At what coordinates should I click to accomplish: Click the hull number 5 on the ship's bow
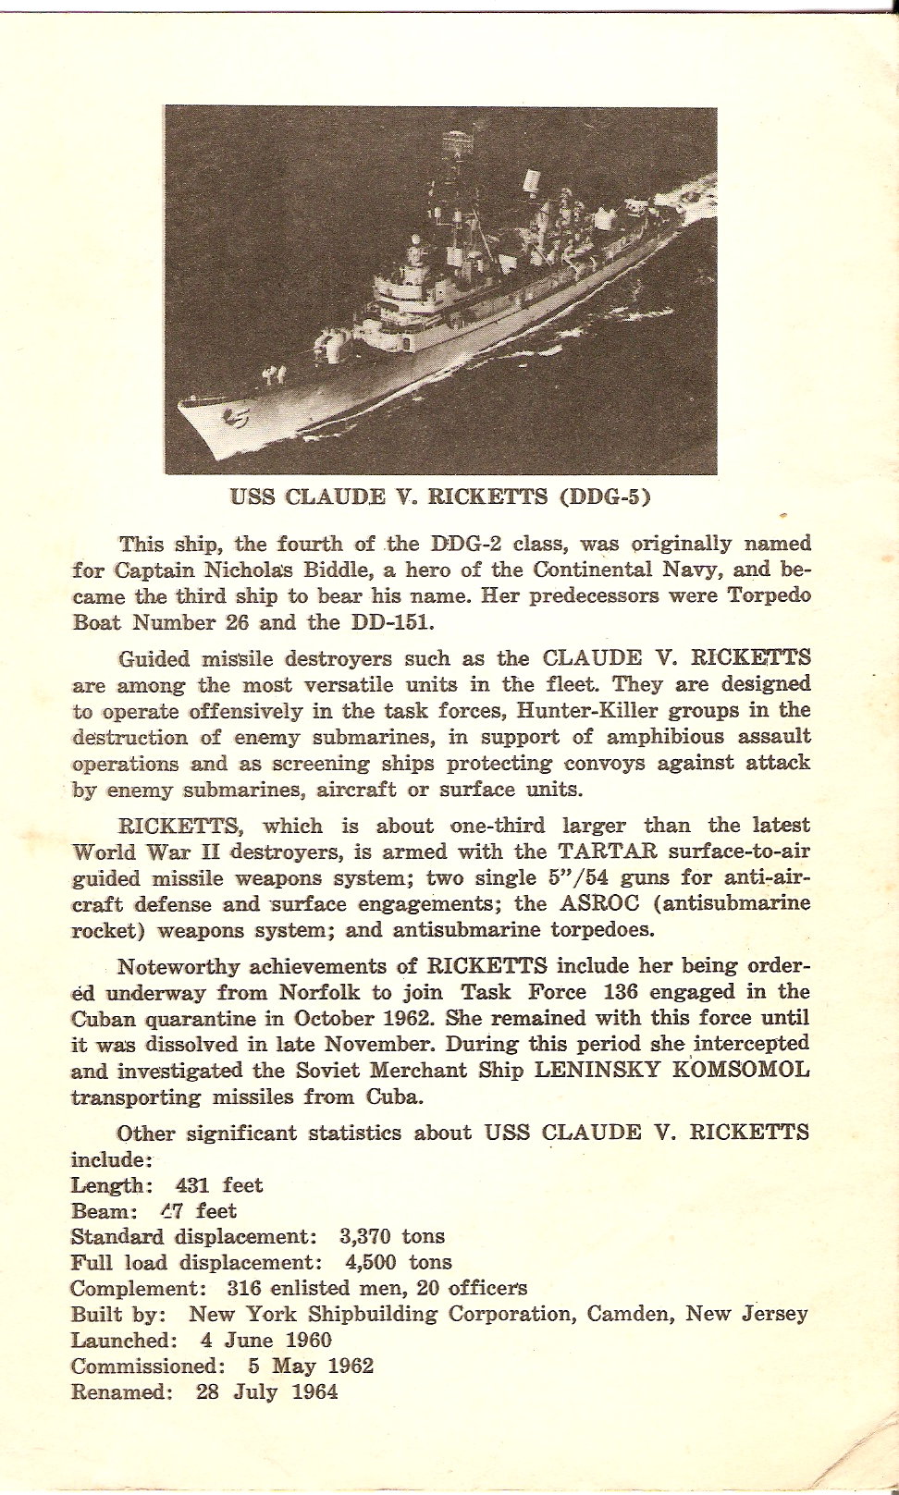pyautogui.click(x=238, y=419)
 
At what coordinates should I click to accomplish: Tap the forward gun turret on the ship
pyautogui.click(x=327, y=346)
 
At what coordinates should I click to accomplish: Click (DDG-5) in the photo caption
pyautogui.click(x=605, y=496)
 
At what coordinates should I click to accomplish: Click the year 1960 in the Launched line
pyautogui.click(x=308, y=1341)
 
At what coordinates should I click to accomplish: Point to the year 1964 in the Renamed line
pyautogui.click(x=314, y=1392)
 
